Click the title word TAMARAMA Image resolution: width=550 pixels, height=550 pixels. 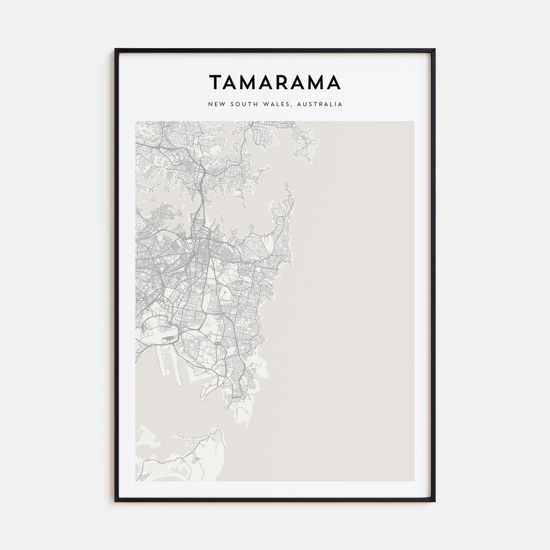click(275, 82)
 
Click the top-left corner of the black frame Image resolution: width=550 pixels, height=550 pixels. click(115, 49)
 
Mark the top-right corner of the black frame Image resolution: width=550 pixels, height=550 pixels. click(434, 49)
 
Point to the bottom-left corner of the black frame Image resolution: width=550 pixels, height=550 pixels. click(115, 501)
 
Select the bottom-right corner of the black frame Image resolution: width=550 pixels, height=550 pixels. click(434, 501)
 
